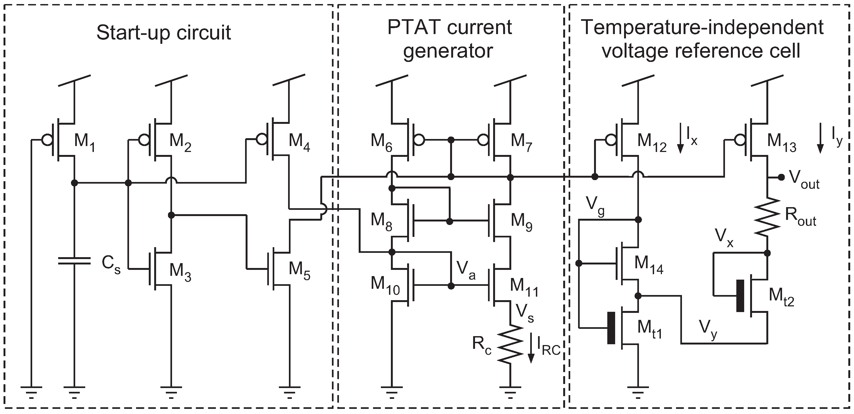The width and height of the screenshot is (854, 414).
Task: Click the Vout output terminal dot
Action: tap(782, 177)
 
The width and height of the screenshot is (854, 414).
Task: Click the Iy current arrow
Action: tap(820, 138)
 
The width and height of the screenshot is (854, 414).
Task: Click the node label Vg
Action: tap(595, 208)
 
